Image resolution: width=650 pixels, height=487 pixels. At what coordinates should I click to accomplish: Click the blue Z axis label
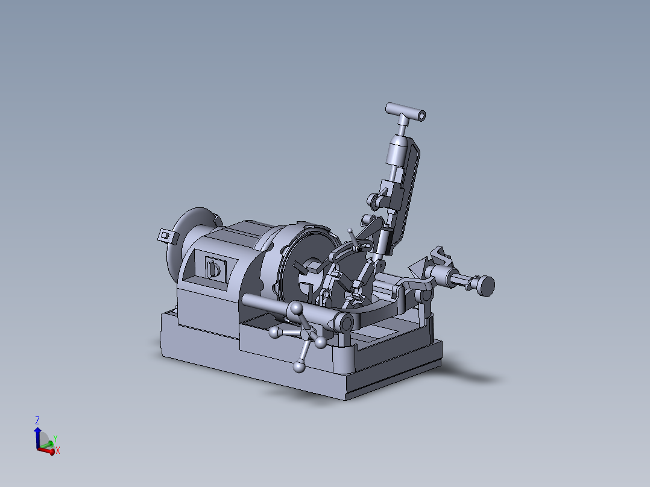pos(37,419)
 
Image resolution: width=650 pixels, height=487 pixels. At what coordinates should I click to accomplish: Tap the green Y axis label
pos(55,438)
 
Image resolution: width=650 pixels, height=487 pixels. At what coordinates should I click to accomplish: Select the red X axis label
pos(58,450)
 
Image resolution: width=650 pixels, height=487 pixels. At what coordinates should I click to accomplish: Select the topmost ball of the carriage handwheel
pos(296,309)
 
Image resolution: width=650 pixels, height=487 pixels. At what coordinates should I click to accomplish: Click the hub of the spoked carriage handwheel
pos(308,335)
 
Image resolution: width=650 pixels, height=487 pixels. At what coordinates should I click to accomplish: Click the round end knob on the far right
pos(485,284)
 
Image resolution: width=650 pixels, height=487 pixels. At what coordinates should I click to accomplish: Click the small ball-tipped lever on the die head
pos(350,231)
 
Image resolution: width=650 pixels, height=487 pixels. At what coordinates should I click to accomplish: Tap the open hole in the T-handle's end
pos(421,115)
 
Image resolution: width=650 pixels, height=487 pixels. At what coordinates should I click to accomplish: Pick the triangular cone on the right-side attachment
pos(417,266)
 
